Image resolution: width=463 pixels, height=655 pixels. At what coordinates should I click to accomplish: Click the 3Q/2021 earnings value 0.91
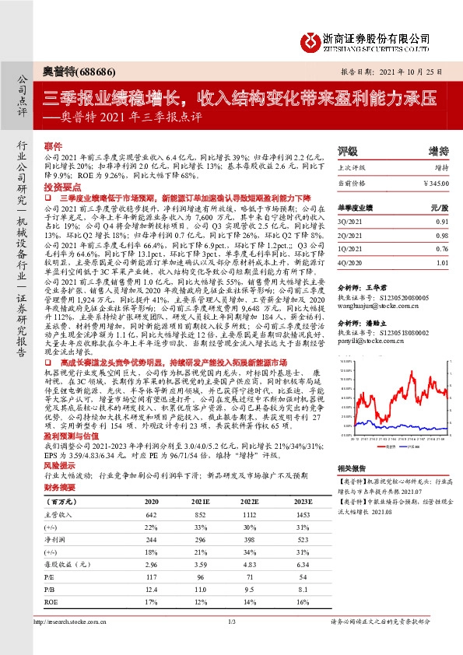(442, 221)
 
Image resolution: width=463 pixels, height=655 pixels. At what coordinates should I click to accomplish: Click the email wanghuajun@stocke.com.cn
(367, 306)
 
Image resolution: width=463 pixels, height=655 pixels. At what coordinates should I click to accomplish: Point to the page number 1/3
(231, 643)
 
